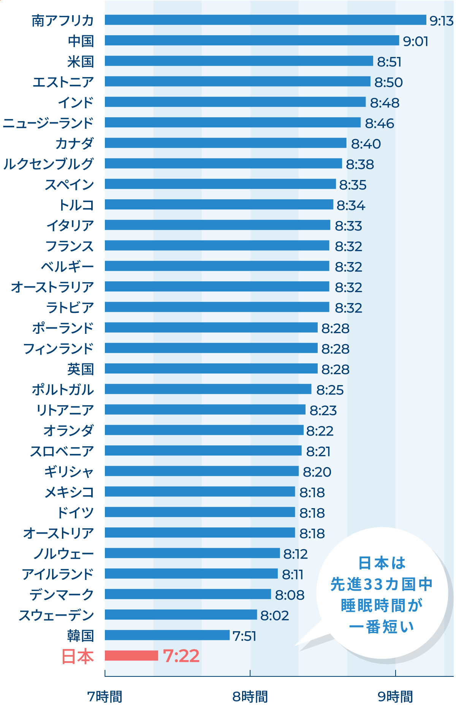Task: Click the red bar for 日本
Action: point(131,656)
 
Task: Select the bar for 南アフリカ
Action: point(265,20)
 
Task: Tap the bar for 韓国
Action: point(167,635)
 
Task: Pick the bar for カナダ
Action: point(225,143)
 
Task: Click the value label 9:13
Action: point(441,21)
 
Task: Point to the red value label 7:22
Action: point(181,656)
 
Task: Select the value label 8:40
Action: point(366,144)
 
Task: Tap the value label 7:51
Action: point(244,636)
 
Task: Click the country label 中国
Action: point(81,41)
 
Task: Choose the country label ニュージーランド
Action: point(48,123)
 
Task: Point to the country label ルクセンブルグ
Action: point(48,164)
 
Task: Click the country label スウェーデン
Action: point(56,615)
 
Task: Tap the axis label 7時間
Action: point(105,697)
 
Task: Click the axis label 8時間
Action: point(250,697)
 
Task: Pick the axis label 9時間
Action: point(395,697)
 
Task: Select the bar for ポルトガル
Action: point(208,389)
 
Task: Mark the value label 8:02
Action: point(274,616)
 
